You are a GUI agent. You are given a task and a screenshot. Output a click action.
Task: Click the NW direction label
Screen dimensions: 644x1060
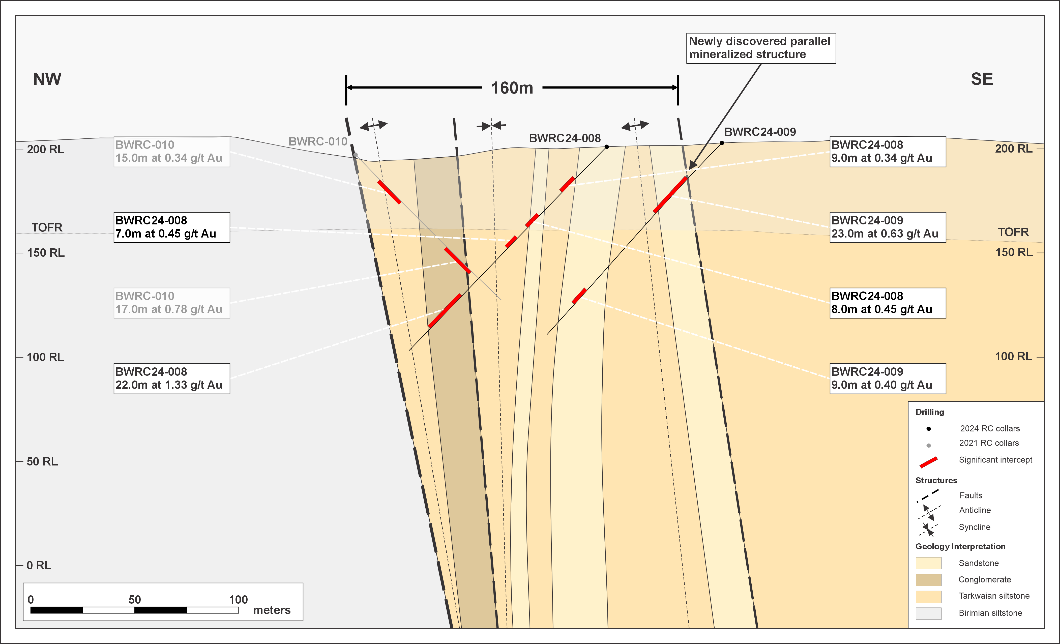tap(47, 79)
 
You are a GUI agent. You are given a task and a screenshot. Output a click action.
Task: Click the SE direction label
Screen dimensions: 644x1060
tap(982, 79)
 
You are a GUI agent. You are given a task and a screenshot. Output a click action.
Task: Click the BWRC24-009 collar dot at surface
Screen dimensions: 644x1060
tap(722, 143)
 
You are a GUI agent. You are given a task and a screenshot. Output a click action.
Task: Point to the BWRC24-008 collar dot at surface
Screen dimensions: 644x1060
tap(607, 147)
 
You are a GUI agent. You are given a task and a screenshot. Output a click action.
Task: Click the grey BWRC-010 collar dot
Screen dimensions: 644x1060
tap(355, 154)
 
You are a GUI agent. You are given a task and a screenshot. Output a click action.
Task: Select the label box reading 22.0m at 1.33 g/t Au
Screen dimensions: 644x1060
tap(172, 378)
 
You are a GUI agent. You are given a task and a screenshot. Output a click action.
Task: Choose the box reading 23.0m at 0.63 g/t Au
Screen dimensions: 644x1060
tap(888, 227)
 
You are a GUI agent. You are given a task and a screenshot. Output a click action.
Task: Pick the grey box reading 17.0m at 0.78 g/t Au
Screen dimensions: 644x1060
tap(172, 303)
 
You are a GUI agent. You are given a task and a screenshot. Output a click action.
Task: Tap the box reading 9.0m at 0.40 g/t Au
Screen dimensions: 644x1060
tap(888, 378)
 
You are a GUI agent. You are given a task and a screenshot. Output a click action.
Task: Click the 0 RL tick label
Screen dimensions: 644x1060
tap(39, 565)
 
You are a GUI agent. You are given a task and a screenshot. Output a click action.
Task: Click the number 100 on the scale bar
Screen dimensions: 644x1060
tap(238, 600)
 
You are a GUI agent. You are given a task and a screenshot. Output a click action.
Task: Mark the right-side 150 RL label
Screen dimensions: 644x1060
tap(1014, 252)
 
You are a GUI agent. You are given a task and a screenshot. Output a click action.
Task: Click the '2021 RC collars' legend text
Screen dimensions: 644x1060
tap(989, 443)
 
